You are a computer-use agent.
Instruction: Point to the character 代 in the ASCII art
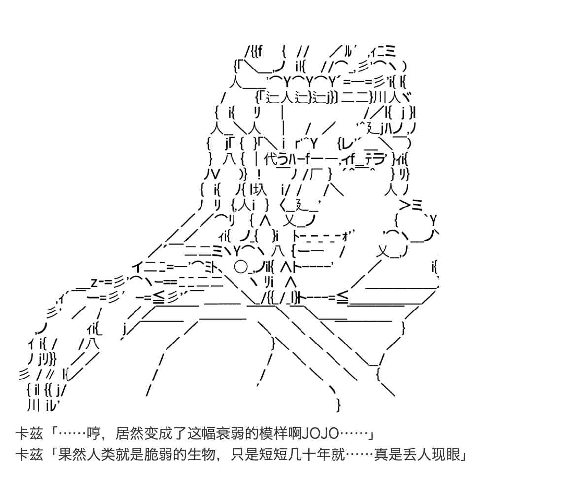(x=271, y=159)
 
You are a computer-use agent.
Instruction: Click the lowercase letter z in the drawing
(x=93, y=283)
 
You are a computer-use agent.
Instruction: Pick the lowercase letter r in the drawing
(x=297, y=144)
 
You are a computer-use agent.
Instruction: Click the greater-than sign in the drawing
(x=405, y=205)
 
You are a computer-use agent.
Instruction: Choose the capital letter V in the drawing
(x=216, y=174)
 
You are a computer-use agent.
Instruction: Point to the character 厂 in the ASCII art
(x=315, y=174)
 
